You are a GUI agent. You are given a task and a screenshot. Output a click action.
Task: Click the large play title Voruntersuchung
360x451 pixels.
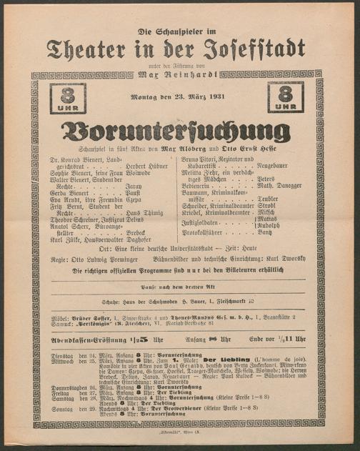[179, 131]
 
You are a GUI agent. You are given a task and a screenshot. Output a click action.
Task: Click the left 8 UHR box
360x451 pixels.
[68, 98]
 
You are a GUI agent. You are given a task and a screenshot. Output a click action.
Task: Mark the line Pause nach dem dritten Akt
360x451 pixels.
[179, 286]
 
